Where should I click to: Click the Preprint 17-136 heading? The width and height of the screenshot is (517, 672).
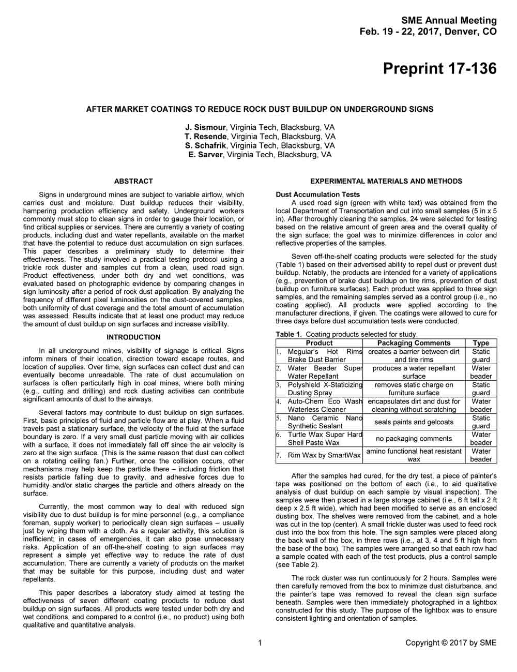pyautogui.click(x=439, y=69)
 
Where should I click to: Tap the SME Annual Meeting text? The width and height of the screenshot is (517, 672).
pyautogui.click(x=449, y=21)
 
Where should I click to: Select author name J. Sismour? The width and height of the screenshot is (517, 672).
pyautogui.click(x=206, y=127)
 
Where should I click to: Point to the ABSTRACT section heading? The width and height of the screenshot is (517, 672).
pyautogui.click(x=133, y=181)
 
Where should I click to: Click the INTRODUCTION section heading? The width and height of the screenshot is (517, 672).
pyautogui.click(x=133, y=337)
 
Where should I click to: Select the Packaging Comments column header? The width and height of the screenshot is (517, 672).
pyautogui.click(x=414, y=343)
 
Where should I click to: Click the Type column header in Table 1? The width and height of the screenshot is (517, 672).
pyautogui.click(x=481, y=343)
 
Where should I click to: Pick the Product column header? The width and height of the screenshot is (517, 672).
pyautogui.click(x=319, y=343)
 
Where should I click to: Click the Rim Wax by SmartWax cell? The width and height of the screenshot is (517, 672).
pyautogui.click(x=324, y=455)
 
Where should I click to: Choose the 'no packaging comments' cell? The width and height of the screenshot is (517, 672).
pyautogui.click(x=414, y=439)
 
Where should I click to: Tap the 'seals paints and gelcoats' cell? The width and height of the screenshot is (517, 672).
pyautogui.click(x=414, y=422)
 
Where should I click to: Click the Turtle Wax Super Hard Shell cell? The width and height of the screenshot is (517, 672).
pyautogui.click(x=325, y=439)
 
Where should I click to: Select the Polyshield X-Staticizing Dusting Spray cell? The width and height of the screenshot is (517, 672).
pyautogui.click(x=325, y=389)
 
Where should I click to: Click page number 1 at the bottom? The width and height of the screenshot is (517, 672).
pyautogui.click(x=260, y=643)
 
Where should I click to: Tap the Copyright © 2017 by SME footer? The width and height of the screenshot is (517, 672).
pyautogui.click(x=451, y=643)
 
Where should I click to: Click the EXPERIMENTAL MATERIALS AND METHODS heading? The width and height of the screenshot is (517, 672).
pyautogui.click(x=386, y=181)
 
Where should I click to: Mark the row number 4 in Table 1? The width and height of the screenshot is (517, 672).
pyautogui.click(x=279, y=401)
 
